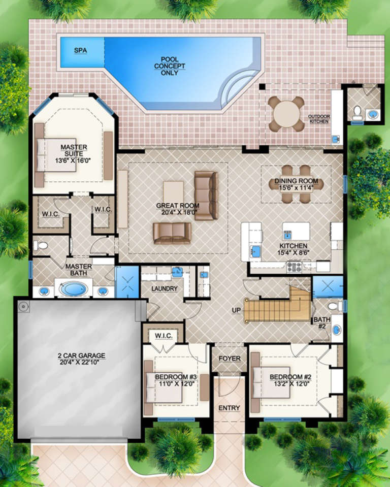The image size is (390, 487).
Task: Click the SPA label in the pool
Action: point(80,50)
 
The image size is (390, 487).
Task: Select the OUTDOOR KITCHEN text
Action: point(318,119)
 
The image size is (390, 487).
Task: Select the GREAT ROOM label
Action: point(177,206)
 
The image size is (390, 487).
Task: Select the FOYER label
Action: point(230,359)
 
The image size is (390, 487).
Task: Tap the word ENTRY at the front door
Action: point(229,408)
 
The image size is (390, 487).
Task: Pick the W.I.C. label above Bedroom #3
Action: point(164,336)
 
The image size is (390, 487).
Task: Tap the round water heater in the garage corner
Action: point(23,306)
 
